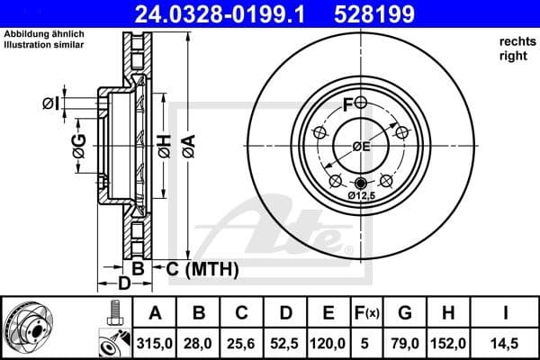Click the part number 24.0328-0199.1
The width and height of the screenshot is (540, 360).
point(232,14)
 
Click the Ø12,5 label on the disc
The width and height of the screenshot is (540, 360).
point(361,194)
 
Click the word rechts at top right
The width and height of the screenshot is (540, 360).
point(509,41)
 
